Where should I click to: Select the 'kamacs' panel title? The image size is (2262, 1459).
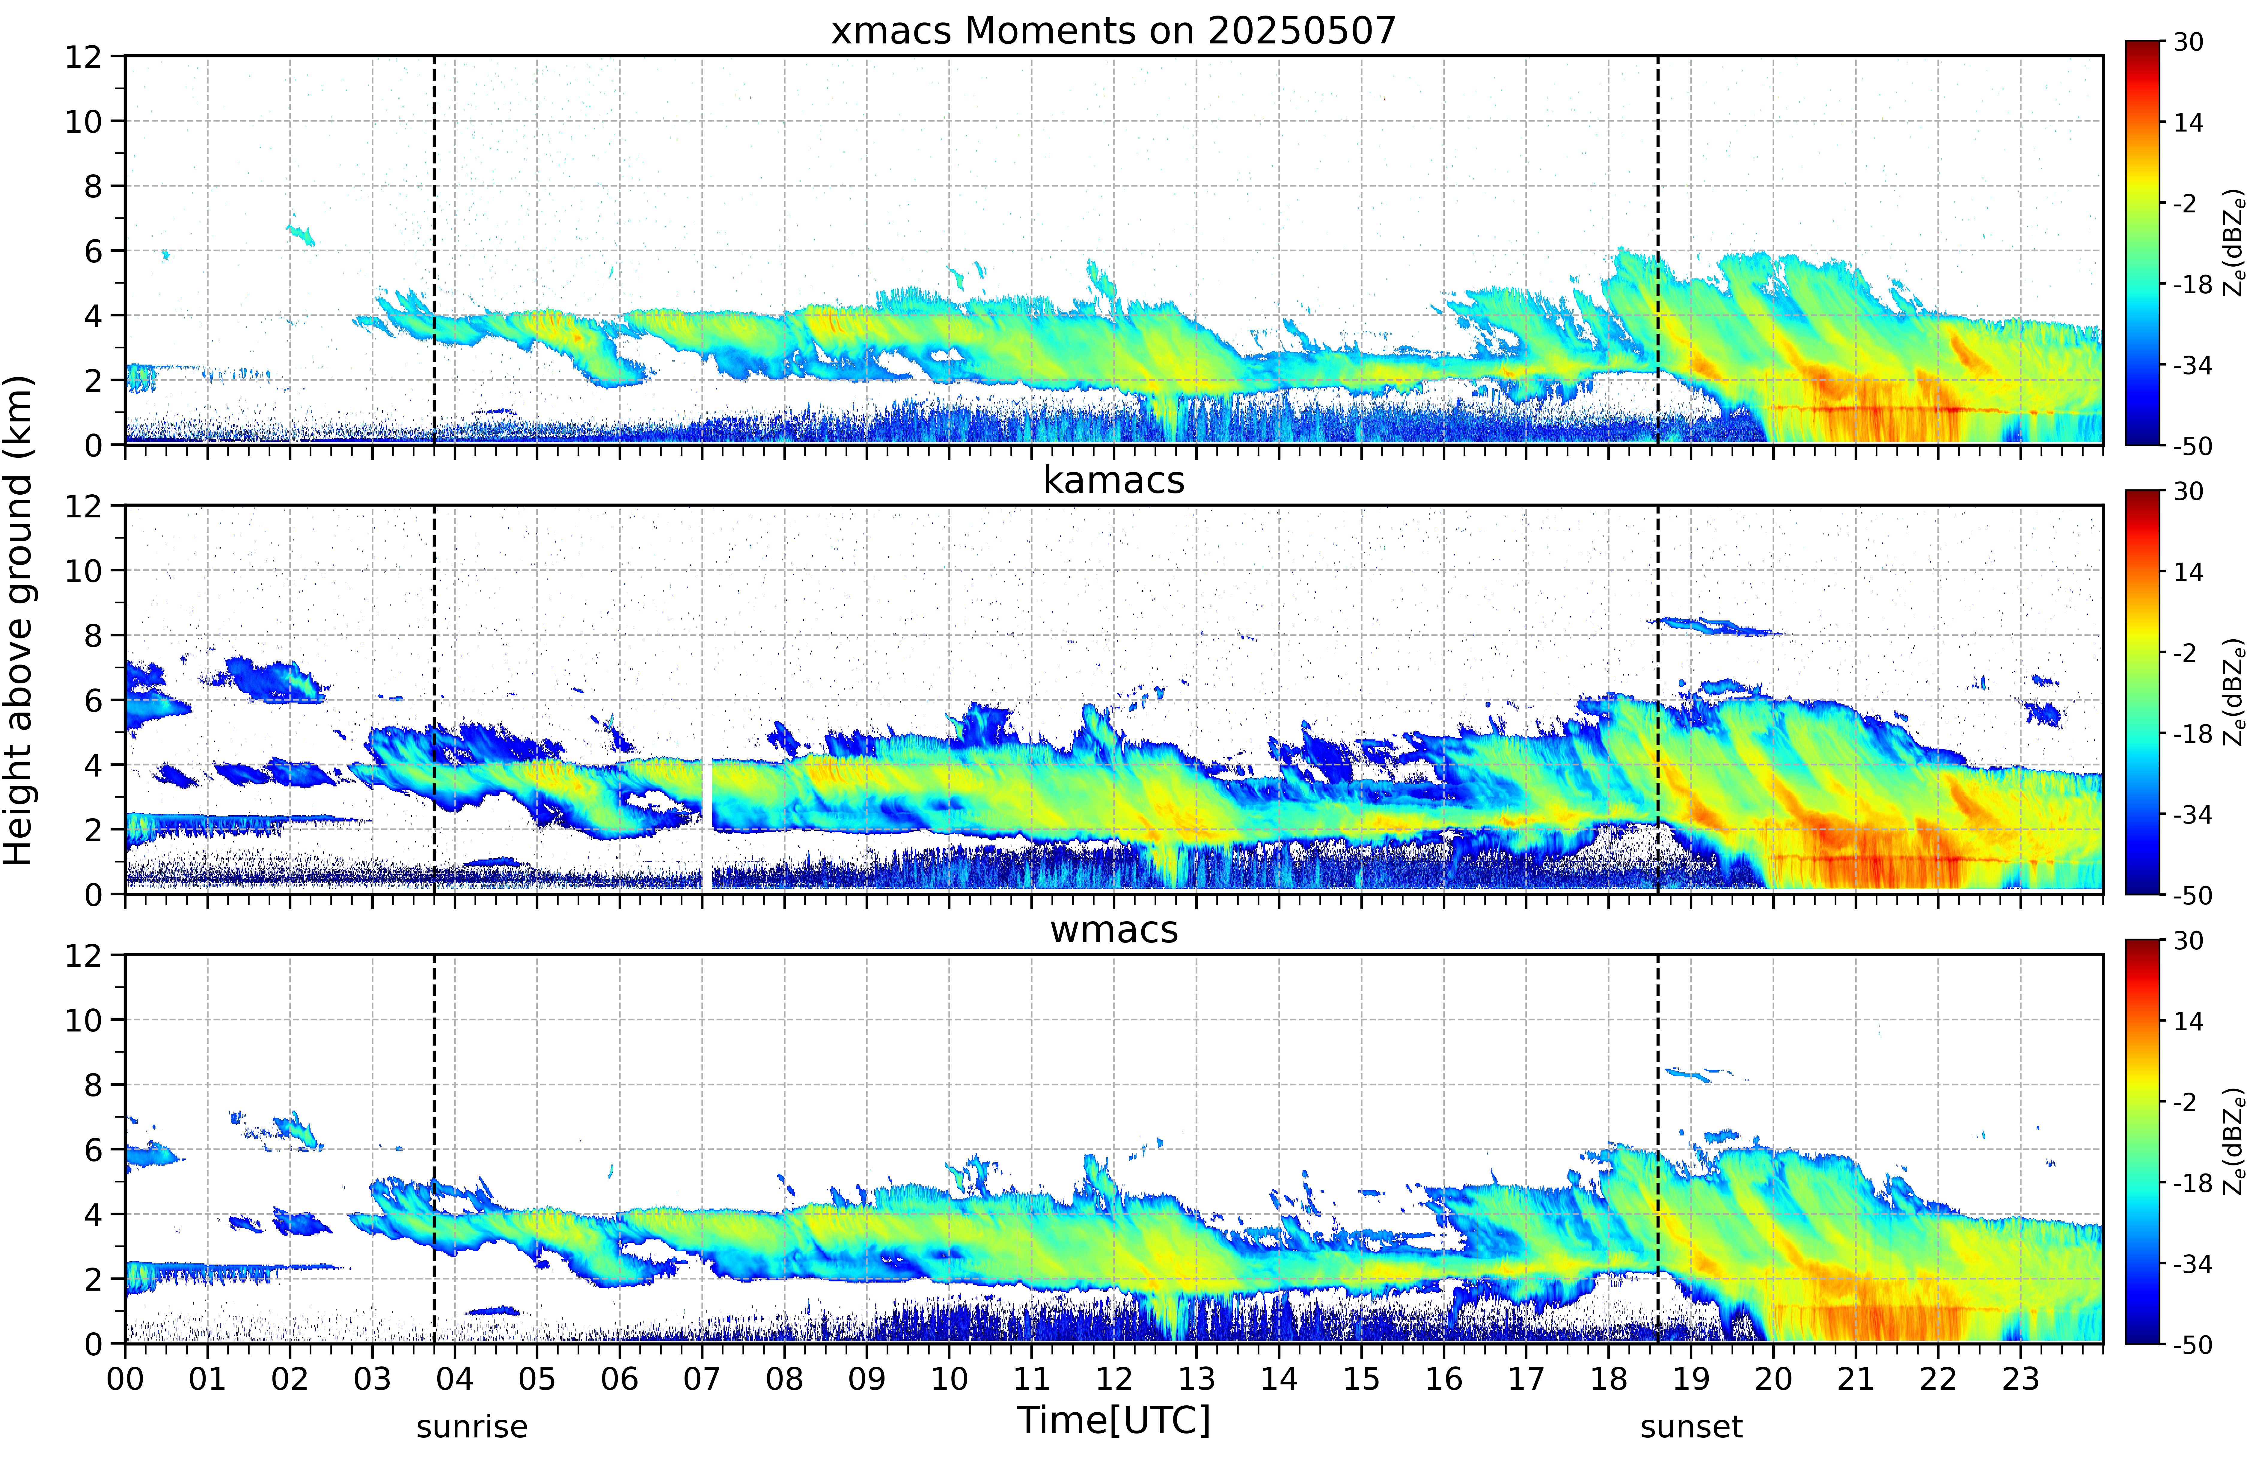[x=1113, y=480]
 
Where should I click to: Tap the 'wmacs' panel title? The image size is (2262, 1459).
[x=1113, y=929]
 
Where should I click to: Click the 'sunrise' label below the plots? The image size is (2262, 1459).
[x=472, y=1426]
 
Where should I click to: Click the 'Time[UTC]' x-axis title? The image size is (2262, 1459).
[x=1113, y=1420]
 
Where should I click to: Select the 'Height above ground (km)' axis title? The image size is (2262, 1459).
[x=19, y=620]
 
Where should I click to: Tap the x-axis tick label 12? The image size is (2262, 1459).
[x=1114, y=1378]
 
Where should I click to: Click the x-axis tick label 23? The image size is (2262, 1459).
[x=2020, y=1378]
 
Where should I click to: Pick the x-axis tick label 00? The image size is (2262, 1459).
[x=125, y=1378]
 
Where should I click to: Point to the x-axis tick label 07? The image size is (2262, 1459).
[x=702, y=1378]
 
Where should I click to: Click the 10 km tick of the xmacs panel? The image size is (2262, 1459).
[x=83, y=121]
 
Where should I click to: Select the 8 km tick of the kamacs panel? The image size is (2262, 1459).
[x=93, y=636]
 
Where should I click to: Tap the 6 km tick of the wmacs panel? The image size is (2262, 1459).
[x=93, y=1150]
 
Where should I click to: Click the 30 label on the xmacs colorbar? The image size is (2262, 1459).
[x=2189, y=42]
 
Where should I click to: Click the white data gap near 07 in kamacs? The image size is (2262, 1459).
[x=707, y=822]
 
